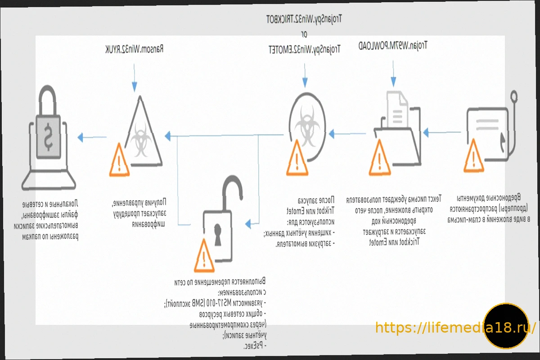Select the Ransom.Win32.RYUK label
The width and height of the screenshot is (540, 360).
pos(134,48)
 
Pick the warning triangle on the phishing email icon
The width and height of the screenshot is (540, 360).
pos(473,157)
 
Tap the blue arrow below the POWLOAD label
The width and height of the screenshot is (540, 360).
pos(393,81)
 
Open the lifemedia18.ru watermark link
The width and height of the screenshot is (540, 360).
pos(455,327)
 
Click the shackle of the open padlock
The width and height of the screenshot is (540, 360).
pos(234,189)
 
